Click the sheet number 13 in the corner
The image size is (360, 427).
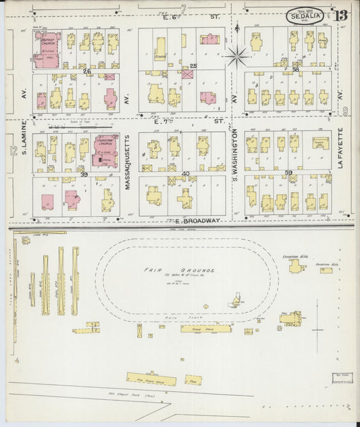coord(341,15)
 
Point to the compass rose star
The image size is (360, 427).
coord(238,55)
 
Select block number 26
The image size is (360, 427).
coord(86,71)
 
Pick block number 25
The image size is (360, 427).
coord(193,66)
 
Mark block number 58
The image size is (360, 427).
coord(296,69)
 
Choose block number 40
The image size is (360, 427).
coord(186,174)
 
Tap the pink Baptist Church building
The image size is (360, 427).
coord(47,49)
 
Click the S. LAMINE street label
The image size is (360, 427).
coord(24,137)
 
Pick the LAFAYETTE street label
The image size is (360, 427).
coord(340,149)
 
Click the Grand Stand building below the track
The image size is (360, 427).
coord(205,329)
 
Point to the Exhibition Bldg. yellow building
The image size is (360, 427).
coord(296,266)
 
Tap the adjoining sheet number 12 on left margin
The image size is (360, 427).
coord(14,150)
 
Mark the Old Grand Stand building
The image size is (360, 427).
coord(151,379)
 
